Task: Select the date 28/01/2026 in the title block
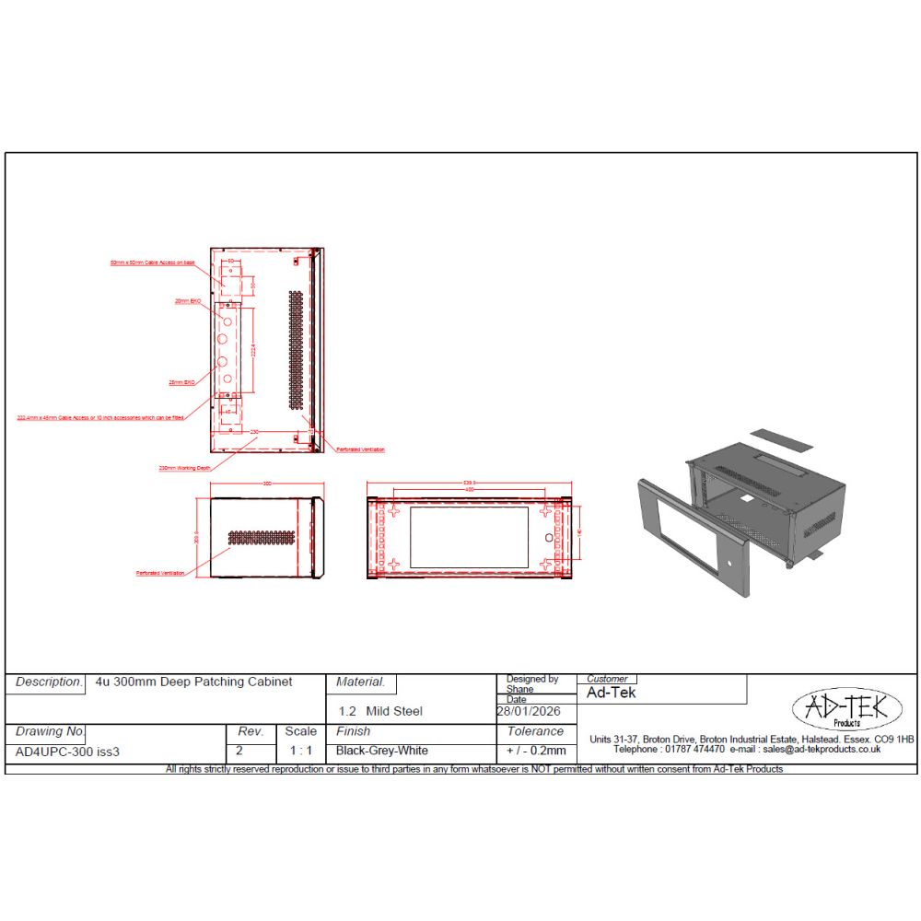pyautogui.click(x=529, y=712)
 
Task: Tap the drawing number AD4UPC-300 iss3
pyautogui.click(x=68, y=751)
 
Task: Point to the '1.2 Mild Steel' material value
pyautogui.click(x=380, y=711)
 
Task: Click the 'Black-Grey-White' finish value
pyautogui.click(x=382, y=751)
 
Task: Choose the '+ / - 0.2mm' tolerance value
pyautogui.click(x=536, y=751)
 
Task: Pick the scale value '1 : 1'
pyautogui.click(x=300, y=751)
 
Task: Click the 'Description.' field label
pyautogui.click(x=49, y=682)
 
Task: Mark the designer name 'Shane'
pyautogui.click(x=519, y=689)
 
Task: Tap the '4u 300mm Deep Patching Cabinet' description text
pyautogui.click(x=193, y=682)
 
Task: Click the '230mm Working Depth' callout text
pyautogui.click(x=185, y=468)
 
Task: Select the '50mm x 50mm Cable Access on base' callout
pyautogui.click(x=152, y=262)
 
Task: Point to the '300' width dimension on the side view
pyautogui.click(x=268, y=484)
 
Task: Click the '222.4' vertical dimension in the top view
pyautogui.click(x=251, y=349)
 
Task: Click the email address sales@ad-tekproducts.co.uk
pyautogui.click(x=822, y=750)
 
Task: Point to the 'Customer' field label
pyautogui.click(x=607, y=679)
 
